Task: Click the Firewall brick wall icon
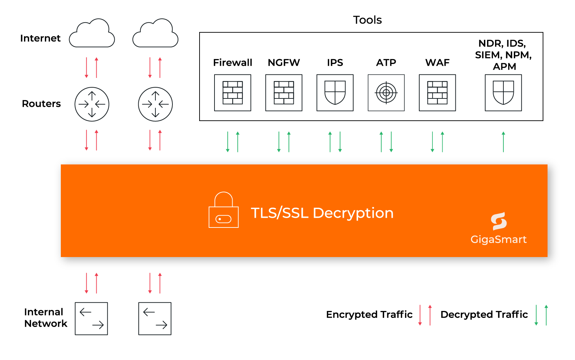coord(233,93)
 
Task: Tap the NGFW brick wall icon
coord(284,93)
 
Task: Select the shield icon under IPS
coord(335,93)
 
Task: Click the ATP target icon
coord(386,93)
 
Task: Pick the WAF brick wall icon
coord(437,93)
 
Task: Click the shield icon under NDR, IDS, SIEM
coord(503,93)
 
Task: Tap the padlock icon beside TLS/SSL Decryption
coord(224,210)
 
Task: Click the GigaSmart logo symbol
coord(499,221)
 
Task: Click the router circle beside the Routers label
coord(92,104)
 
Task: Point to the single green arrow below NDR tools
coord(503,142)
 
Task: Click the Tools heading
coord(367,20)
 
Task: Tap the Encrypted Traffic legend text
coord(369,314)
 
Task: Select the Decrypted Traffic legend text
coord(484,314)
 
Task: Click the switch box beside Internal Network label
coord(91,319)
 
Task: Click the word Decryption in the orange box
coord(353,213)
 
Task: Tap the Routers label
coord(41,104)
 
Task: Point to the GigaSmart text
coord(498,239)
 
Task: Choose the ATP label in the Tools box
coord(386,63)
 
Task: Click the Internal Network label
coord(45,318)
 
